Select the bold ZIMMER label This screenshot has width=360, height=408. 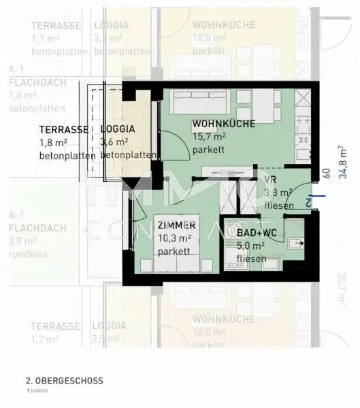tap(176, 225)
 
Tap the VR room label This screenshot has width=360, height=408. tap(269, 180)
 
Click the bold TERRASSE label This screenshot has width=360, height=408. tap(63, 129)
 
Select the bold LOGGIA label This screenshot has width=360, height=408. tap(118, 129)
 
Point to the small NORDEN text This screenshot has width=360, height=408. tap(37, 392)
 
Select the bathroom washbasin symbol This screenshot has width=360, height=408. tap(295, 242)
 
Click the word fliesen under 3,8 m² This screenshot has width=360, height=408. tap(279, 205)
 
